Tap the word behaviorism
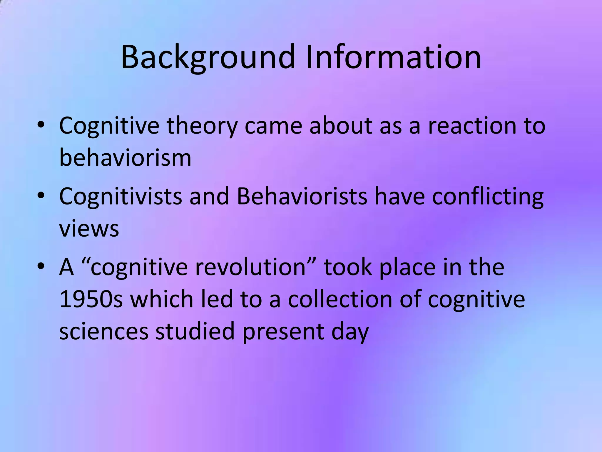tap(125, 158)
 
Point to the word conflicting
tap(488, 196)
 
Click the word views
tap(89, 228)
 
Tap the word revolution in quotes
tap(250, 267)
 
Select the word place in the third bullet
tap(407, 267)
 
